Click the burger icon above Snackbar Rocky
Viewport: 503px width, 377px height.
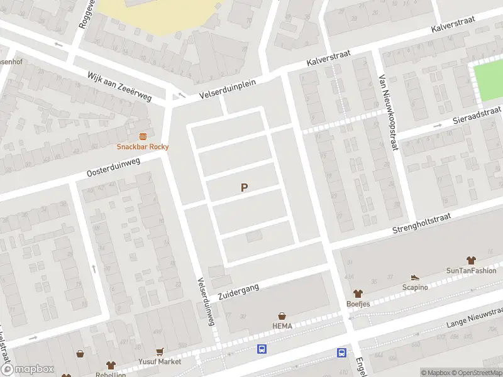[x=143, y=136]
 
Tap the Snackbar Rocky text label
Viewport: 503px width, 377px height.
[x=143, y=147]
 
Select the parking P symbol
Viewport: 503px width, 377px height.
[x=244, y=187]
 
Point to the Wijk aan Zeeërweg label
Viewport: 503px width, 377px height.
[x=119, y=87]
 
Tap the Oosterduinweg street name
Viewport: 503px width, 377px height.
[x=114, y=168]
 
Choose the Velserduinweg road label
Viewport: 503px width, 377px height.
[x=206, y=301]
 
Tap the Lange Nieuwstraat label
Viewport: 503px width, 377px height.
[x=474, y=318]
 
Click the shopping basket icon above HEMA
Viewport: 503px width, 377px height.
[x=282, y=316]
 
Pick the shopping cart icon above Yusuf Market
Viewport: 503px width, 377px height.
[x=161, y=352]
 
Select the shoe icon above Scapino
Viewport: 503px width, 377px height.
[x=414, y=277]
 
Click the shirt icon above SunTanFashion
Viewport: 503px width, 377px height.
[x=471, y=260]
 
